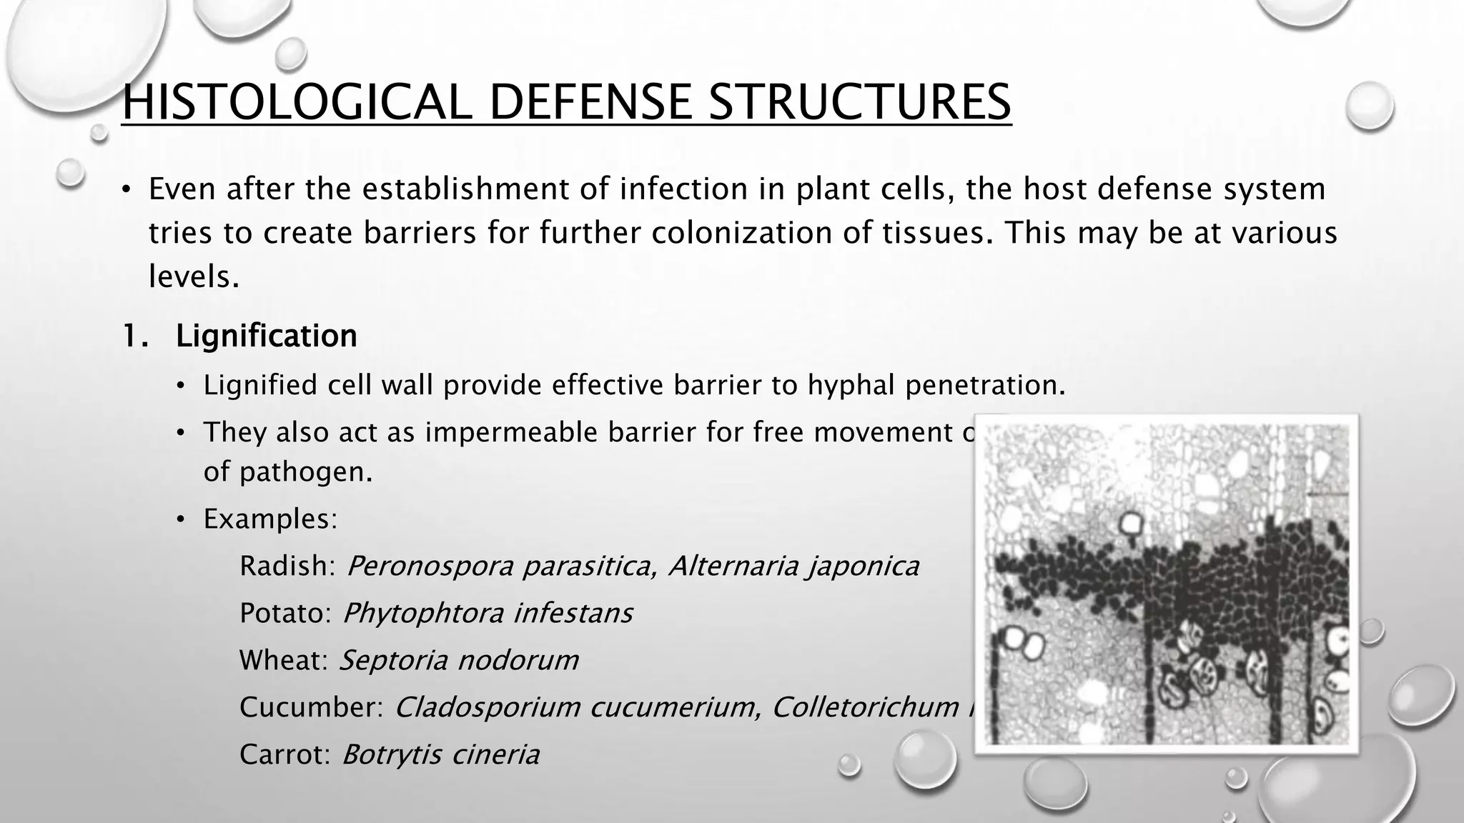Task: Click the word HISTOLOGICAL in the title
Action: (x=297, y=102)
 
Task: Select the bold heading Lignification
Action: (x=266, y=336)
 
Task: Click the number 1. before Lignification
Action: (x=135, y=336)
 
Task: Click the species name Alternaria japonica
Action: (x=793, y=566)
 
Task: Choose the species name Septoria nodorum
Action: (x=458, y=660)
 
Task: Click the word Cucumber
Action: (x=311, y=707)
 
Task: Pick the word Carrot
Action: (x=284, y=754)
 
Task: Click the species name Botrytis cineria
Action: (x=440, y=754)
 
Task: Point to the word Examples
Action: (x=269, y=519)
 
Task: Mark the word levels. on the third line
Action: (x=194, y=277)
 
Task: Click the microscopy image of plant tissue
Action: (x=1167, y=584)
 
